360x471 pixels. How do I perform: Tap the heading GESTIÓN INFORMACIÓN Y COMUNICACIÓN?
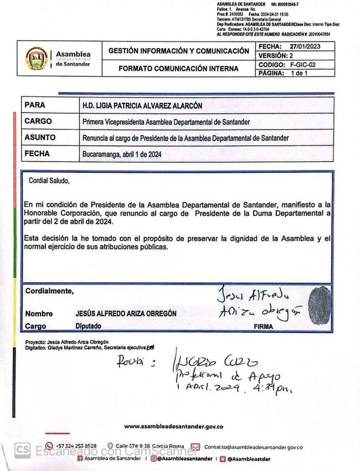pos(178,50)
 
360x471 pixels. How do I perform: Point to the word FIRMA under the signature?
pos(263,327)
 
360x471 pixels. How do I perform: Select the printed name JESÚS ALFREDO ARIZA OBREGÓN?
pos(126,313)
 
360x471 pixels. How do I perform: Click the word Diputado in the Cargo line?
pos(88,327)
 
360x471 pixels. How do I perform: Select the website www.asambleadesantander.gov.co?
pos(173,426)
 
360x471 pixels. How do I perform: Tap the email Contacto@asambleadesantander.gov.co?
pos(253,446)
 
